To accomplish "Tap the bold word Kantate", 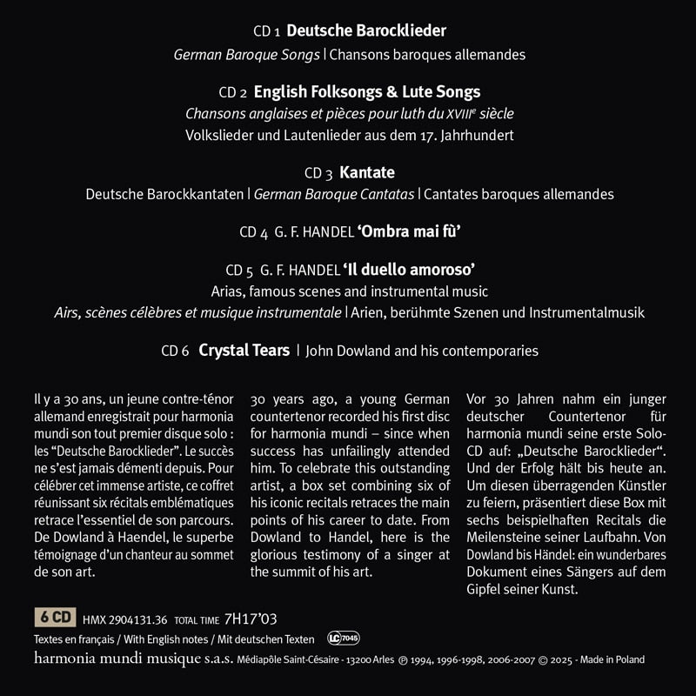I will pyautogui.click(x=368, y=172).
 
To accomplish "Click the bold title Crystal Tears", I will pyautogui.click(x=244, y=351).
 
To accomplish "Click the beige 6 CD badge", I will pyautogui.click(x=54, y=619).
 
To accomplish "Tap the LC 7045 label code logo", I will pyautogui.click(x=344, y=639).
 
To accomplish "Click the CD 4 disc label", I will pyautogui.click(x=253, y=233).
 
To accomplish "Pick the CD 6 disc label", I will pyautogui.click(x=174, y=351).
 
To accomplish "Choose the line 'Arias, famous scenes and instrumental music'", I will pyautogui.click(x=349, y=291).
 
